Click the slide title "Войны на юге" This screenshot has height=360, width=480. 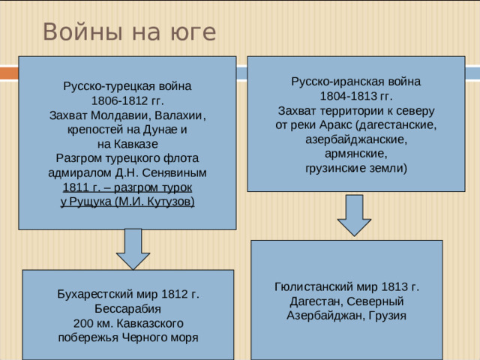(x=129, y=33)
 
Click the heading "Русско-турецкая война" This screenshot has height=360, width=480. (x=127, y=86)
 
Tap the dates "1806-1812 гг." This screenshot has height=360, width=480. (x=127, y=100)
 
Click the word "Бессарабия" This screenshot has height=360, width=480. (x=127, y=308)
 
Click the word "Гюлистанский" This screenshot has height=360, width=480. (x=313, y=287)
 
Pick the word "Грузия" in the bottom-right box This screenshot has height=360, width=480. (x=389, y=315)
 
